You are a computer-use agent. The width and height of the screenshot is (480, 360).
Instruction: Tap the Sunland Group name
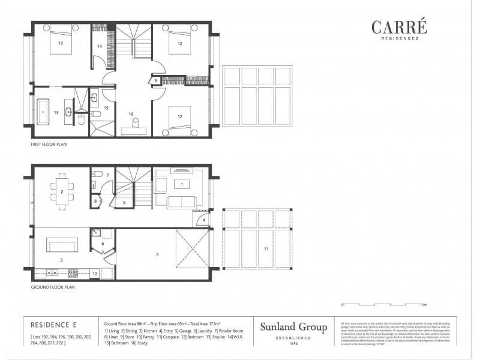293,327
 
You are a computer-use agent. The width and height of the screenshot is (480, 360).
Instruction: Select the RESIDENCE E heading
52,324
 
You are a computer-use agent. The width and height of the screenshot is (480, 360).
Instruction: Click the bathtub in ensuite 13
44,112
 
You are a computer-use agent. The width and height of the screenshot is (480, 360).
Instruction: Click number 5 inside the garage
157,254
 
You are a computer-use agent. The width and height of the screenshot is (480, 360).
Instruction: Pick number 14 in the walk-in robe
100,46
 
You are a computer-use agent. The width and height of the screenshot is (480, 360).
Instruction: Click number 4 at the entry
204,220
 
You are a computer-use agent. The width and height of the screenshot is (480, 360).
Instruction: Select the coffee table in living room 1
181,184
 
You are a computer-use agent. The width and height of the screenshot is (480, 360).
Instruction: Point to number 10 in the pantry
95,274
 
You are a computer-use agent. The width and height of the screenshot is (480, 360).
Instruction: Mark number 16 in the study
130,113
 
